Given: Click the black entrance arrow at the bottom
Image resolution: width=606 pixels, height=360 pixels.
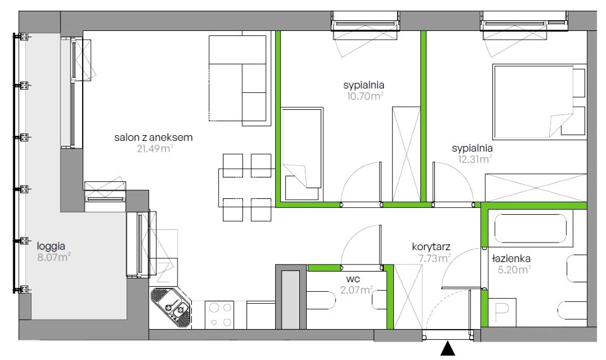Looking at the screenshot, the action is coord(448,348).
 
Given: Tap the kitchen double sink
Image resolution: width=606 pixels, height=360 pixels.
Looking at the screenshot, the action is coord(170,308).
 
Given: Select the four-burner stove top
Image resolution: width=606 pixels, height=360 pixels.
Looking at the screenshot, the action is coord(219,315).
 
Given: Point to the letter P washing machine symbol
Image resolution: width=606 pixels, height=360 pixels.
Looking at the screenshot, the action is coord(502,311).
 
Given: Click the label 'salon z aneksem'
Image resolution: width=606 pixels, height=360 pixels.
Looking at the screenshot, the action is coord(153,137).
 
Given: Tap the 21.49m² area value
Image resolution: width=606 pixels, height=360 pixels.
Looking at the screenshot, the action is coord(155,148).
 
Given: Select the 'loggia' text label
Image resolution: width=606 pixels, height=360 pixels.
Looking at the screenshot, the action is coord(51,246).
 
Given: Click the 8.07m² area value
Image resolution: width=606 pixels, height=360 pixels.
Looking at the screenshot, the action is coord(54,257).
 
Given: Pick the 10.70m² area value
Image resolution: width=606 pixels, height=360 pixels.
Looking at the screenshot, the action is coord(365,96).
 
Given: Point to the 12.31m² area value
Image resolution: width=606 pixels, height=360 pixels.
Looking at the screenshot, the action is coord(475,159).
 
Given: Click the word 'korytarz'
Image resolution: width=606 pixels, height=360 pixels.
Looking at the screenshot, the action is coord(431,247).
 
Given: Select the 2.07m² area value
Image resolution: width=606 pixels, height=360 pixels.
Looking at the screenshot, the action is coord(355,289).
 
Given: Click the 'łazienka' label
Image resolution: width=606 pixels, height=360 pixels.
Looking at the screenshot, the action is coord(511,259).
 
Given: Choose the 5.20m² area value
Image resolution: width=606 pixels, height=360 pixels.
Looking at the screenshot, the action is coord(514,270).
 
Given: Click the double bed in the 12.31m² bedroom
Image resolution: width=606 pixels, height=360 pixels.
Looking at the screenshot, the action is coord(539,101).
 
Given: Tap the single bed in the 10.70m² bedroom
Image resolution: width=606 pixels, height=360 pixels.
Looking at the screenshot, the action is coord(302,153).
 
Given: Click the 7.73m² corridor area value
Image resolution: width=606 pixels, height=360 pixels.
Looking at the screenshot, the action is coord(435,258).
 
